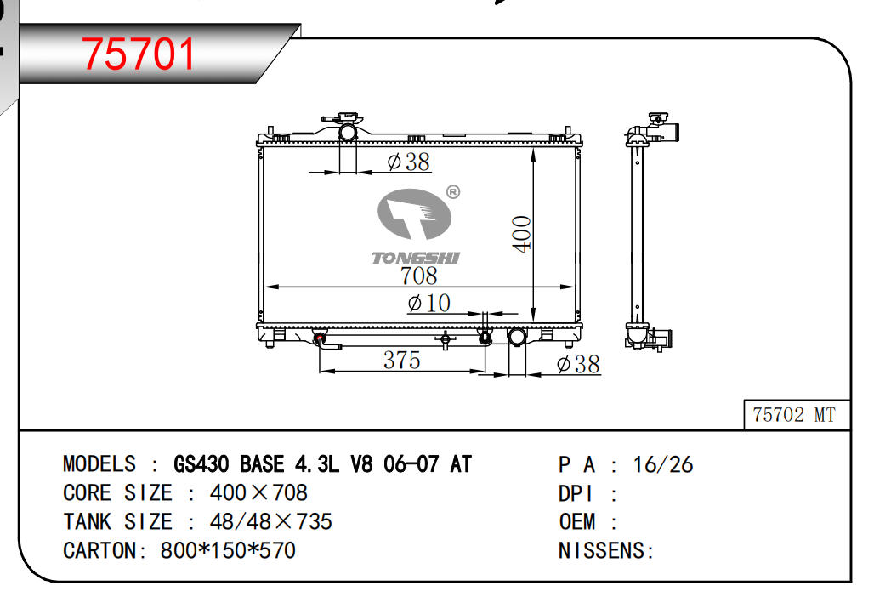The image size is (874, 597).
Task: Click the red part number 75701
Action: click(x=139, y=54)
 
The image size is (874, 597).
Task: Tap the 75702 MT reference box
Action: click(x=797, y=415)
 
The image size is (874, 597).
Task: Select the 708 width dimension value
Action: click(x=418, y=276)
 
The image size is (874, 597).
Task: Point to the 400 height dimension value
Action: click(x=522, y=234)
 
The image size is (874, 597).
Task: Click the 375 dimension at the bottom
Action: click(x=401, y=360)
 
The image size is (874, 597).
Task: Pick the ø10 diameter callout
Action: click(x=428, y=304)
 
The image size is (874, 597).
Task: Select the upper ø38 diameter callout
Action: click(x=409, y=162)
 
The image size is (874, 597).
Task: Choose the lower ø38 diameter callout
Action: click(x=578, y=365)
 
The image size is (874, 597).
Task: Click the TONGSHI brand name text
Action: click(x=416, y=258)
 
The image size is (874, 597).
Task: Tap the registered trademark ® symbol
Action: click(x=453, y=192)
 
